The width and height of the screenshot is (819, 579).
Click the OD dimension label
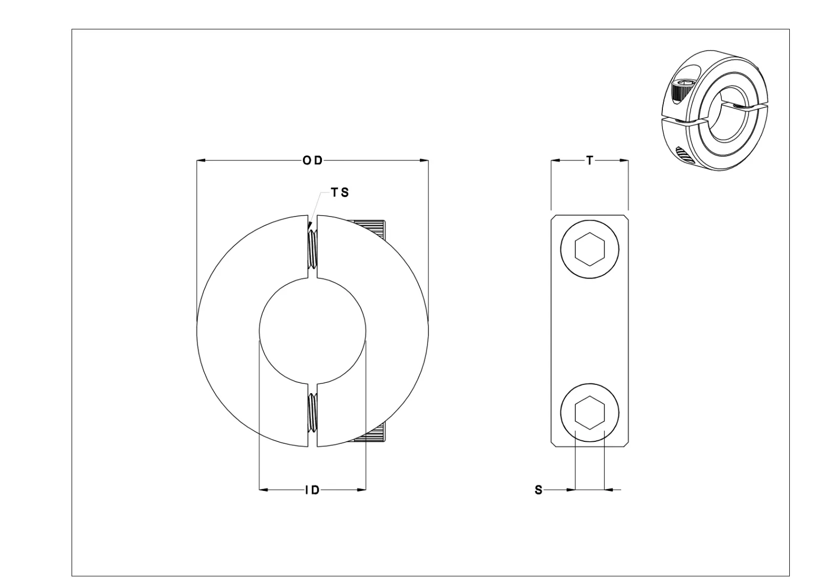pos(312,161)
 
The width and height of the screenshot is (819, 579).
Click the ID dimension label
pos(312,490)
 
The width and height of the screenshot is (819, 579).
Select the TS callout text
pos(340,193)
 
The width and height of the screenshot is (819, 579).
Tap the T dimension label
pos(590,161)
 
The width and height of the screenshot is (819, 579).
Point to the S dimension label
pos(538,490)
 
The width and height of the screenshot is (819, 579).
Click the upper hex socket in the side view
pos(590,249)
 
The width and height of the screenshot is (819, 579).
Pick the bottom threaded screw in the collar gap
pos(312,412)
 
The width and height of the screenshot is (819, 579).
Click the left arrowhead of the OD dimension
pos(201,161)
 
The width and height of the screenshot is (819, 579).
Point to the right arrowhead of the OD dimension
pos(424,161)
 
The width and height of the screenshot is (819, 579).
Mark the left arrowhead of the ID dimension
pos(264,490)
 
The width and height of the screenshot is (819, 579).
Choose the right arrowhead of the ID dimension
pos(361,490)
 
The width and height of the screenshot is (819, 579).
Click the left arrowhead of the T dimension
pos(555,161)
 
